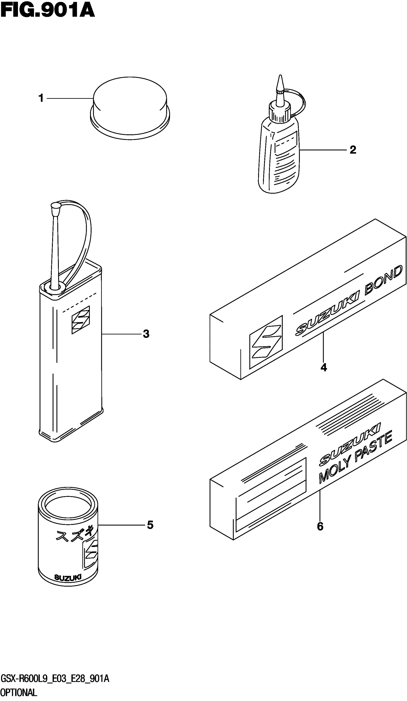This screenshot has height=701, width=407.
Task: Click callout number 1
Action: click(41, 98)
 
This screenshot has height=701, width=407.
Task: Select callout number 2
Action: click(353, 150)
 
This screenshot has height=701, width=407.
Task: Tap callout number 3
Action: click(146, 334)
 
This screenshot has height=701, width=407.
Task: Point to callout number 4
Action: click(324, 368)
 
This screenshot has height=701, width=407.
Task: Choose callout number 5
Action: click(150, 525)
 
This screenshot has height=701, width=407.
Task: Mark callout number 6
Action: click(320, 526)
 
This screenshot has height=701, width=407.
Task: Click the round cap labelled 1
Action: click(130, 109)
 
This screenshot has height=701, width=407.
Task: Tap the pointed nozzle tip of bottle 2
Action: click(280, 82)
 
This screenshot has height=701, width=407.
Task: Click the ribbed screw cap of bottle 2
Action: click(279, 112)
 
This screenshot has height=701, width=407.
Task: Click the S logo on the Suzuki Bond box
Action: click(266, 342)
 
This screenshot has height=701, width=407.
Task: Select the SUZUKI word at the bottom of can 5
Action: click(68, 578)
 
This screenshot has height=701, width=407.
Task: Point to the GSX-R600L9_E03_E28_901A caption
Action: click(55, 679)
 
